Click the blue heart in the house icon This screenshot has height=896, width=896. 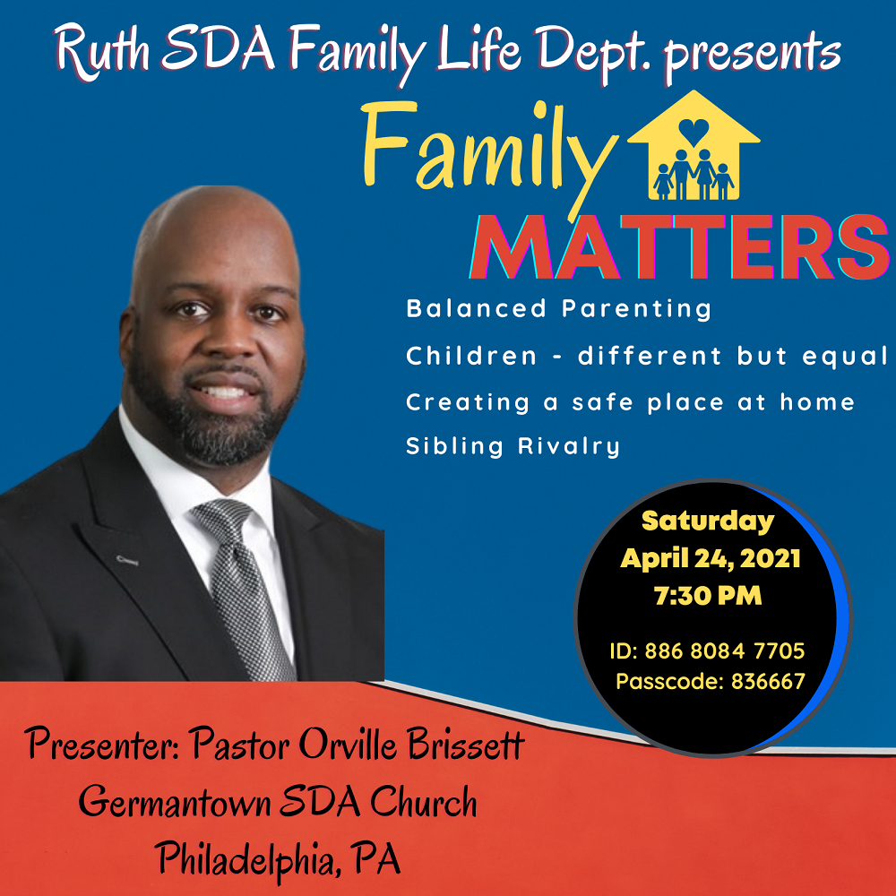(x=694, y=131)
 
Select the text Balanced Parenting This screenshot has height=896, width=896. (x=558, y=309)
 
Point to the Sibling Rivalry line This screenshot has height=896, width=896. (x=513, y=445)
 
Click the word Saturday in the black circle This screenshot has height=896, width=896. (x=708, y=521)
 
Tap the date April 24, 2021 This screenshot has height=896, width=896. (x=711, y=558)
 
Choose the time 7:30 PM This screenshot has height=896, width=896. (x=708, y=596)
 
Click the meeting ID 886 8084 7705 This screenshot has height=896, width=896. (x=725, y=650)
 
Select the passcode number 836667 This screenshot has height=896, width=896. (x=768, y=681)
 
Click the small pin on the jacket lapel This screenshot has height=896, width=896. (x=127, y=560)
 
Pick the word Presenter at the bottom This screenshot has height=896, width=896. (x=102, y=745)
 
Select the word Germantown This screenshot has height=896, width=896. (x=175, y=802)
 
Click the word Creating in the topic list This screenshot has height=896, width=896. (x=468, y=403)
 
